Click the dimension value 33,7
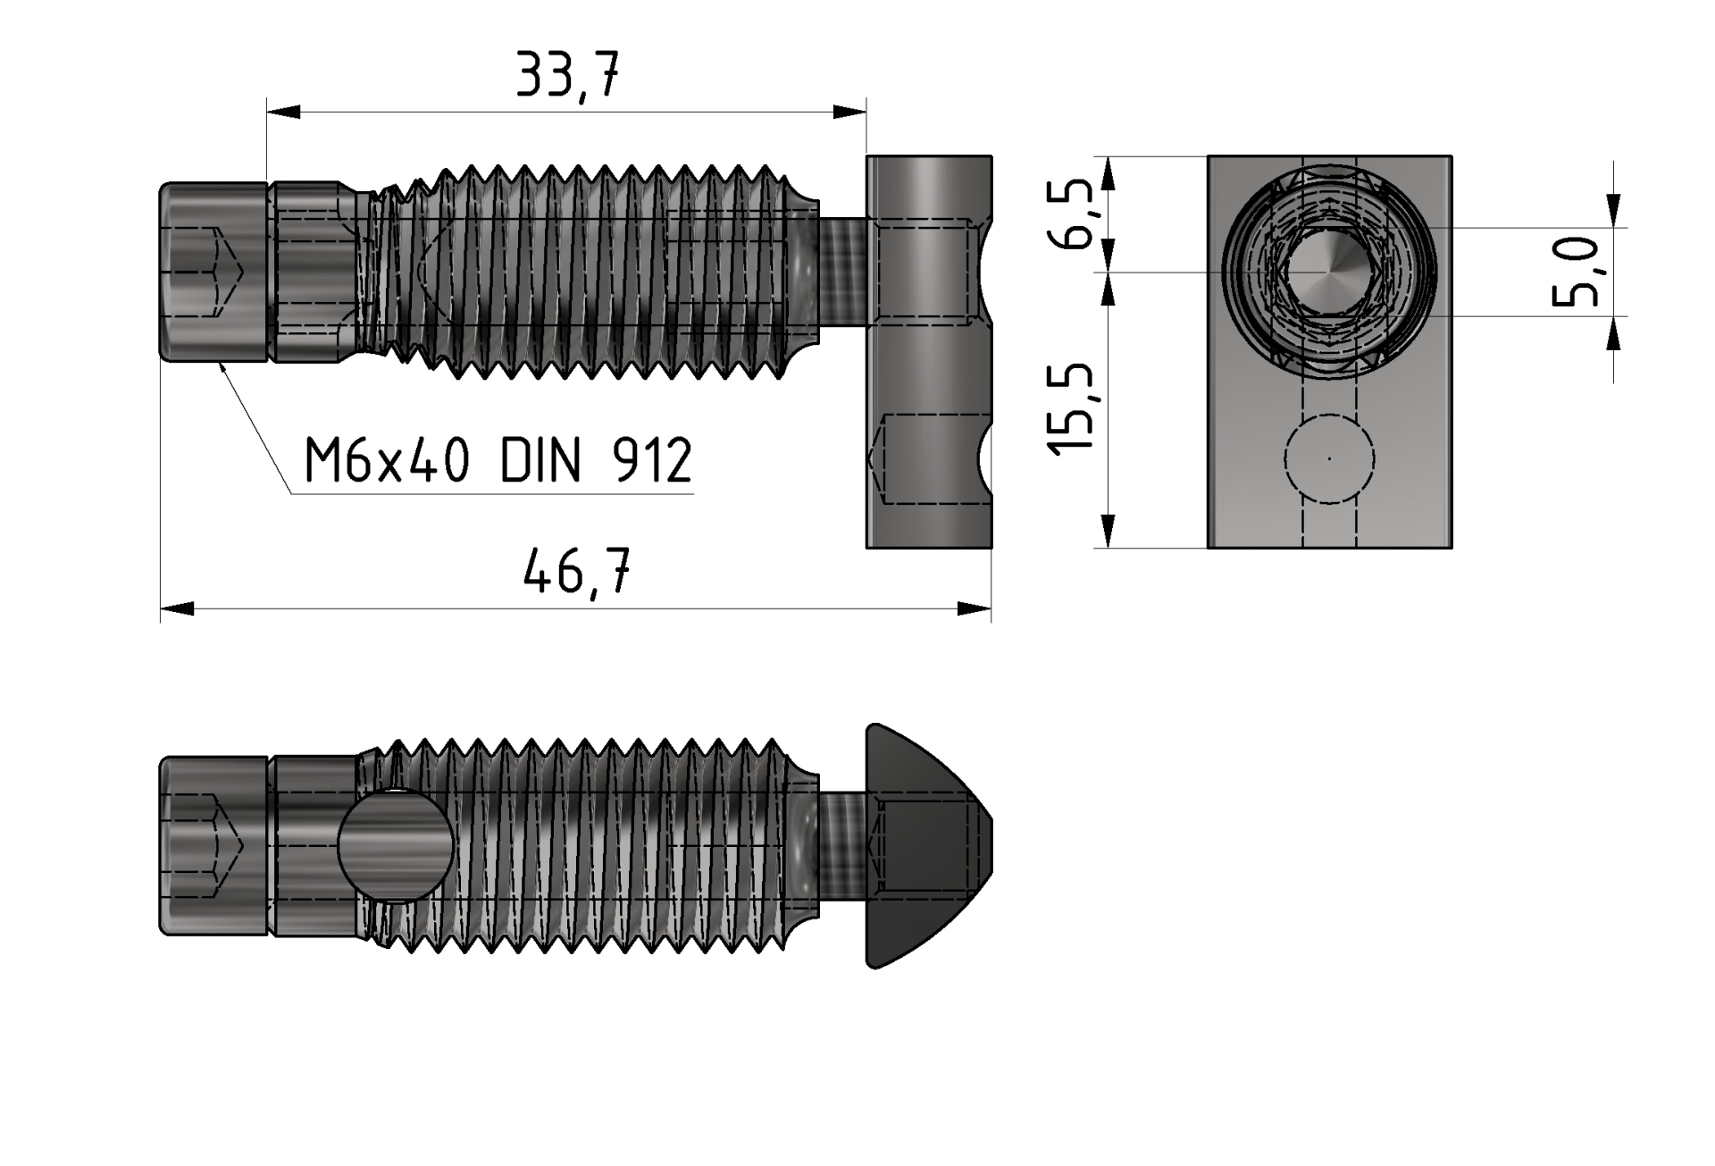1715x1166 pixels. pos(568,75)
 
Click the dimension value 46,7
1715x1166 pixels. pos(577,571)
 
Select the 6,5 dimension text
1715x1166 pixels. pos(1075,214)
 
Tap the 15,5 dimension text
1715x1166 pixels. pos(1071,410)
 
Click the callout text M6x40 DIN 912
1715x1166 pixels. pos(498,461)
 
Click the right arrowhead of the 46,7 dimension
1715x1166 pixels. pos(975,608)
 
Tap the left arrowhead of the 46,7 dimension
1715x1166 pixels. pos(177,608)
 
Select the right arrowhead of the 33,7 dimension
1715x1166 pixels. pos(849,112)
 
